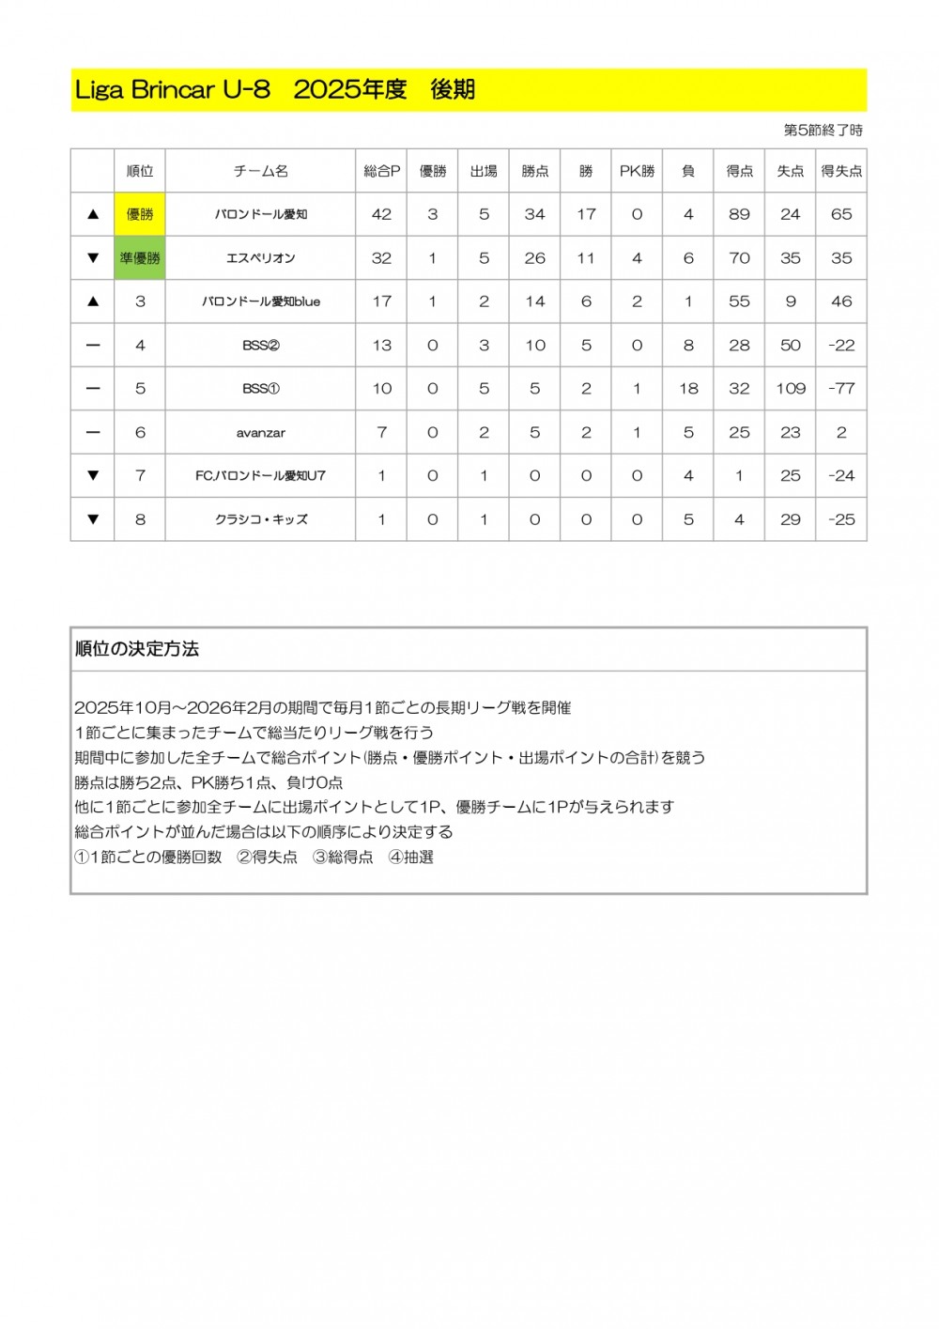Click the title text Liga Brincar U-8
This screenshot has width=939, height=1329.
coord(173,90)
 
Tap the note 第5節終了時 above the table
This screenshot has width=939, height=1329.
coord(823,131)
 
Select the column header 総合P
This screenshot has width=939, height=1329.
coord(381,171)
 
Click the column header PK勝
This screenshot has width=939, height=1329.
coord(637,171)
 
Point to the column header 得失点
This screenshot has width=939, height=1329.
coord(841,171)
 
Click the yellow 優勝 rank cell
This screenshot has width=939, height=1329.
coord(140,214)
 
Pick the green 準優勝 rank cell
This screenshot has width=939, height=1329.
coord(140,258)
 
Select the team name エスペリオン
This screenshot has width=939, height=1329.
coord(260,258)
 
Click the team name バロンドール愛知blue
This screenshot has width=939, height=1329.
coord(260,301)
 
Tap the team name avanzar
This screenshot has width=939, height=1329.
coord(260,433)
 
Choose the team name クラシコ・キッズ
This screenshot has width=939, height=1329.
coord(260,519)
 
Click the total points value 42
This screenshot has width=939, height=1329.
coord(381,214)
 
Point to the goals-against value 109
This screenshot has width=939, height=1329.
coord(791,389)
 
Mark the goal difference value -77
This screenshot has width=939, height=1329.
coord(841,389)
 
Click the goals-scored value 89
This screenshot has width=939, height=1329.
coord(739,214)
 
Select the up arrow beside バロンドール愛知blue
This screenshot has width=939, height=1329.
coord(93,301)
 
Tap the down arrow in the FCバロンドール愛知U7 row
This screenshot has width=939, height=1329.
coord(93,476)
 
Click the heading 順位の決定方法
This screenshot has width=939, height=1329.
coord(137,649)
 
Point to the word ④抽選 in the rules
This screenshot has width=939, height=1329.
coord(411,858)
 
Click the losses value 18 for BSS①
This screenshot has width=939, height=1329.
coord(688,389)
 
